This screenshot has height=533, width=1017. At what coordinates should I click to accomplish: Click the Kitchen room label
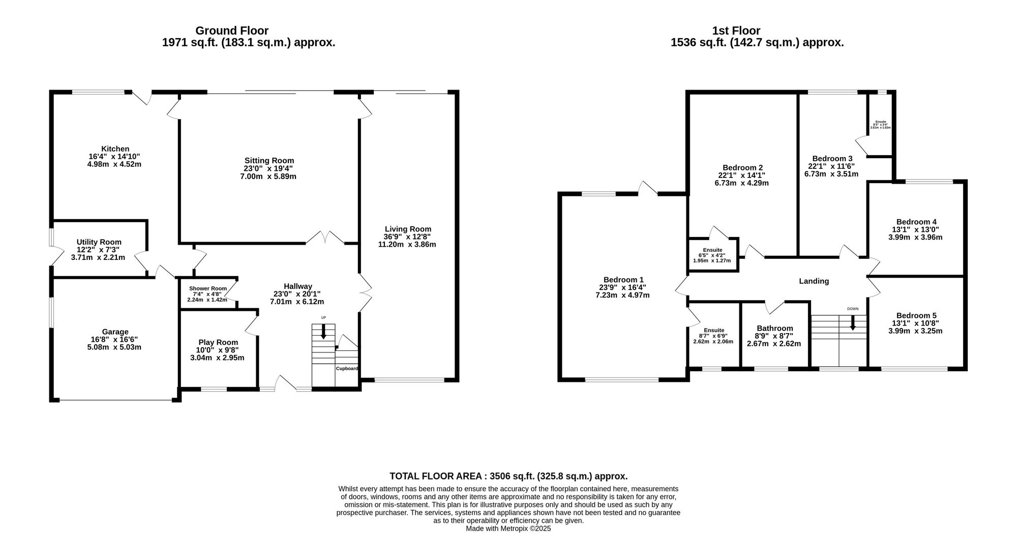point(115,149)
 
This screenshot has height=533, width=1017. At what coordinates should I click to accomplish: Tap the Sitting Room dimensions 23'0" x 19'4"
point(268,168)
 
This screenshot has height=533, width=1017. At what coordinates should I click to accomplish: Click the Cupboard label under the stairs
point(346,368)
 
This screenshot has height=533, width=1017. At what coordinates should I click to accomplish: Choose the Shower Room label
point(208,288)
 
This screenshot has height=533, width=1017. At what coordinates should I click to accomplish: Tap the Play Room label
point(217,342)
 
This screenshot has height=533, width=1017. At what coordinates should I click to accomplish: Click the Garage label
point(115,332)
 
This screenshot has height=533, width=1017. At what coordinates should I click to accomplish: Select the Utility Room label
point(99,242)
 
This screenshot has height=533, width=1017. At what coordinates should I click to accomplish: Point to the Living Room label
point(408,229)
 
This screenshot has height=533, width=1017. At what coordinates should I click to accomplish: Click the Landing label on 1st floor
point(814,281)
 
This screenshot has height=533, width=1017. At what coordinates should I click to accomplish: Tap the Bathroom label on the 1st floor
point(774,328)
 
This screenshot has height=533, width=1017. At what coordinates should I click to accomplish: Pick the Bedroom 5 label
point(916,315)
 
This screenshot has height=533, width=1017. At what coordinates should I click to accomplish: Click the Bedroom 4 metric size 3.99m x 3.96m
point(915,237)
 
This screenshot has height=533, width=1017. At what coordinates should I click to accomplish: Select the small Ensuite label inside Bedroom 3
point(881,122)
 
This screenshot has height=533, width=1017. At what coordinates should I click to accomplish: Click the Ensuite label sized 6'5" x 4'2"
point(712,250)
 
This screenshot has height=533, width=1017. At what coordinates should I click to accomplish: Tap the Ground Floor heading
point(232,31)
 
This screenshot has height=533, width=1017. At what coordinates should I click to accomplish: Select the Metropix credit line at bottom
point(508,528)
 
